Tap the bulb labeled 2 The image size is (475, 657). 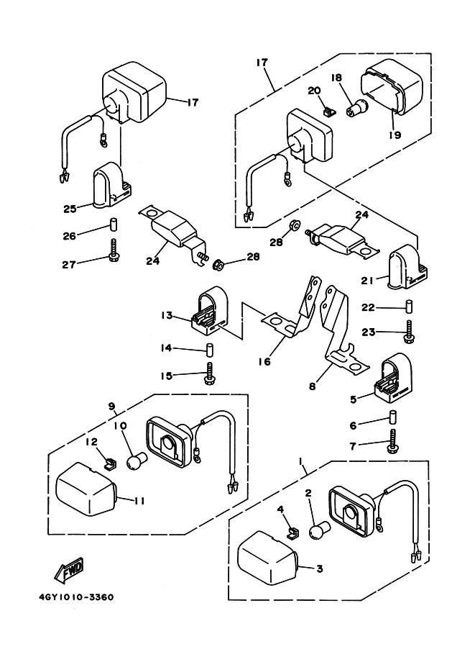pyautogui.click(x=318, y=533)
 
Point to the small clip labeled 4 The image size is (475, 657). pyautogui.click(x=292, y=533)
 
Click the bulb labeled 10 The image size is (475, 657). pyautogui.click(x=137, y=461)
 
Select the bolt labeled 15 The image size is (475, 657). pyautogui.click(x=211, y=373)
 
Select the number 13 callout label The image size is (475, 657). pyautogui.click(x=167, y=315)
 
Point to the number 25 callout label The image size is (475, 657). pyautogui.click(x=69, y=209)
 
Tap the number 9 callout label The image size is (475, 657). pyautogui.click(x=111, y=407)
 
